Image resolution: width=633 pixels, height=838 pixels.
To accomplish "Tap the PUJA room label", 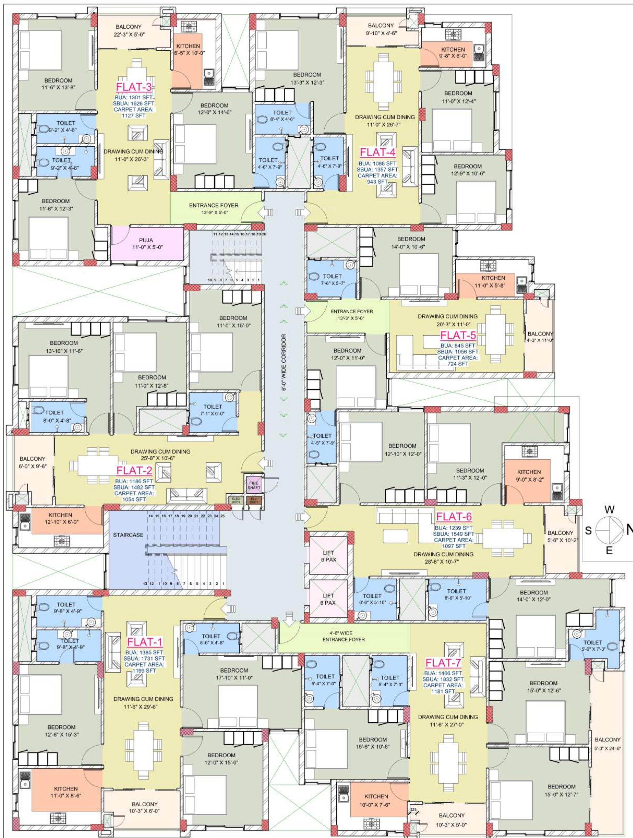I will (146, 240).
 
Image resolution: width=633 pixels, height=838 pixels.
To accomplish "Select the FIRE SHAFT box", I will (254, 485).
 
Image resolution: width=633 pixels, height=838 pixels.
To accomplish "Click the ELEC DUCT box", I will (236, 500).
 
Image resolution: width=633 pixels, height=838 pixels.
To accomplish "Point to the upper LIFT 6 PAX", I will (329, 556).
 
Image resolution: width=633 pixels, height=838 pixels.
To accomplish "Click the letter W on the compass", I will (610, 510).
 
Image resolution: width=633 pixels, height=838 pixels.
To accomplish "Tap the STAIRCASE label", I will (128, 535).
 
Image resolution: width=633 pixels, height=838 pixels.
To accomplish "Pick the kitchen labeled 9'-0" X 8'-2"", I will (529, 475).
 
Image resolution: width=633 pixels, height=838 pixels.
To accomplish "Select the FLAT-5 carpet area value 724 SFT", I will (458, 364).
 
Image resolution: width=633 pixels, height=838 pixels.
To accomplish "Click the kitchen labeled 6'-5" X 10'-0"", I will (188, 50).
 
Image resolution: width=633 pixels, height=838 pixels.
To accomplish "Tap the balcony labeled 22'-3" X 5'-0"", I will (128, 30).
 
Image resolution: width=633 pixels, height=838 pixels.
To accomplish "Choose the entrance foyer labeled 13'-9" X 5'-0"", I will (214, 208).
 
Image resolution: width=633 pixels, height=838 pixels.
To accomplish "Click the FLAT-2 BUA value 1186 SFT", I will (134, 481).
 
